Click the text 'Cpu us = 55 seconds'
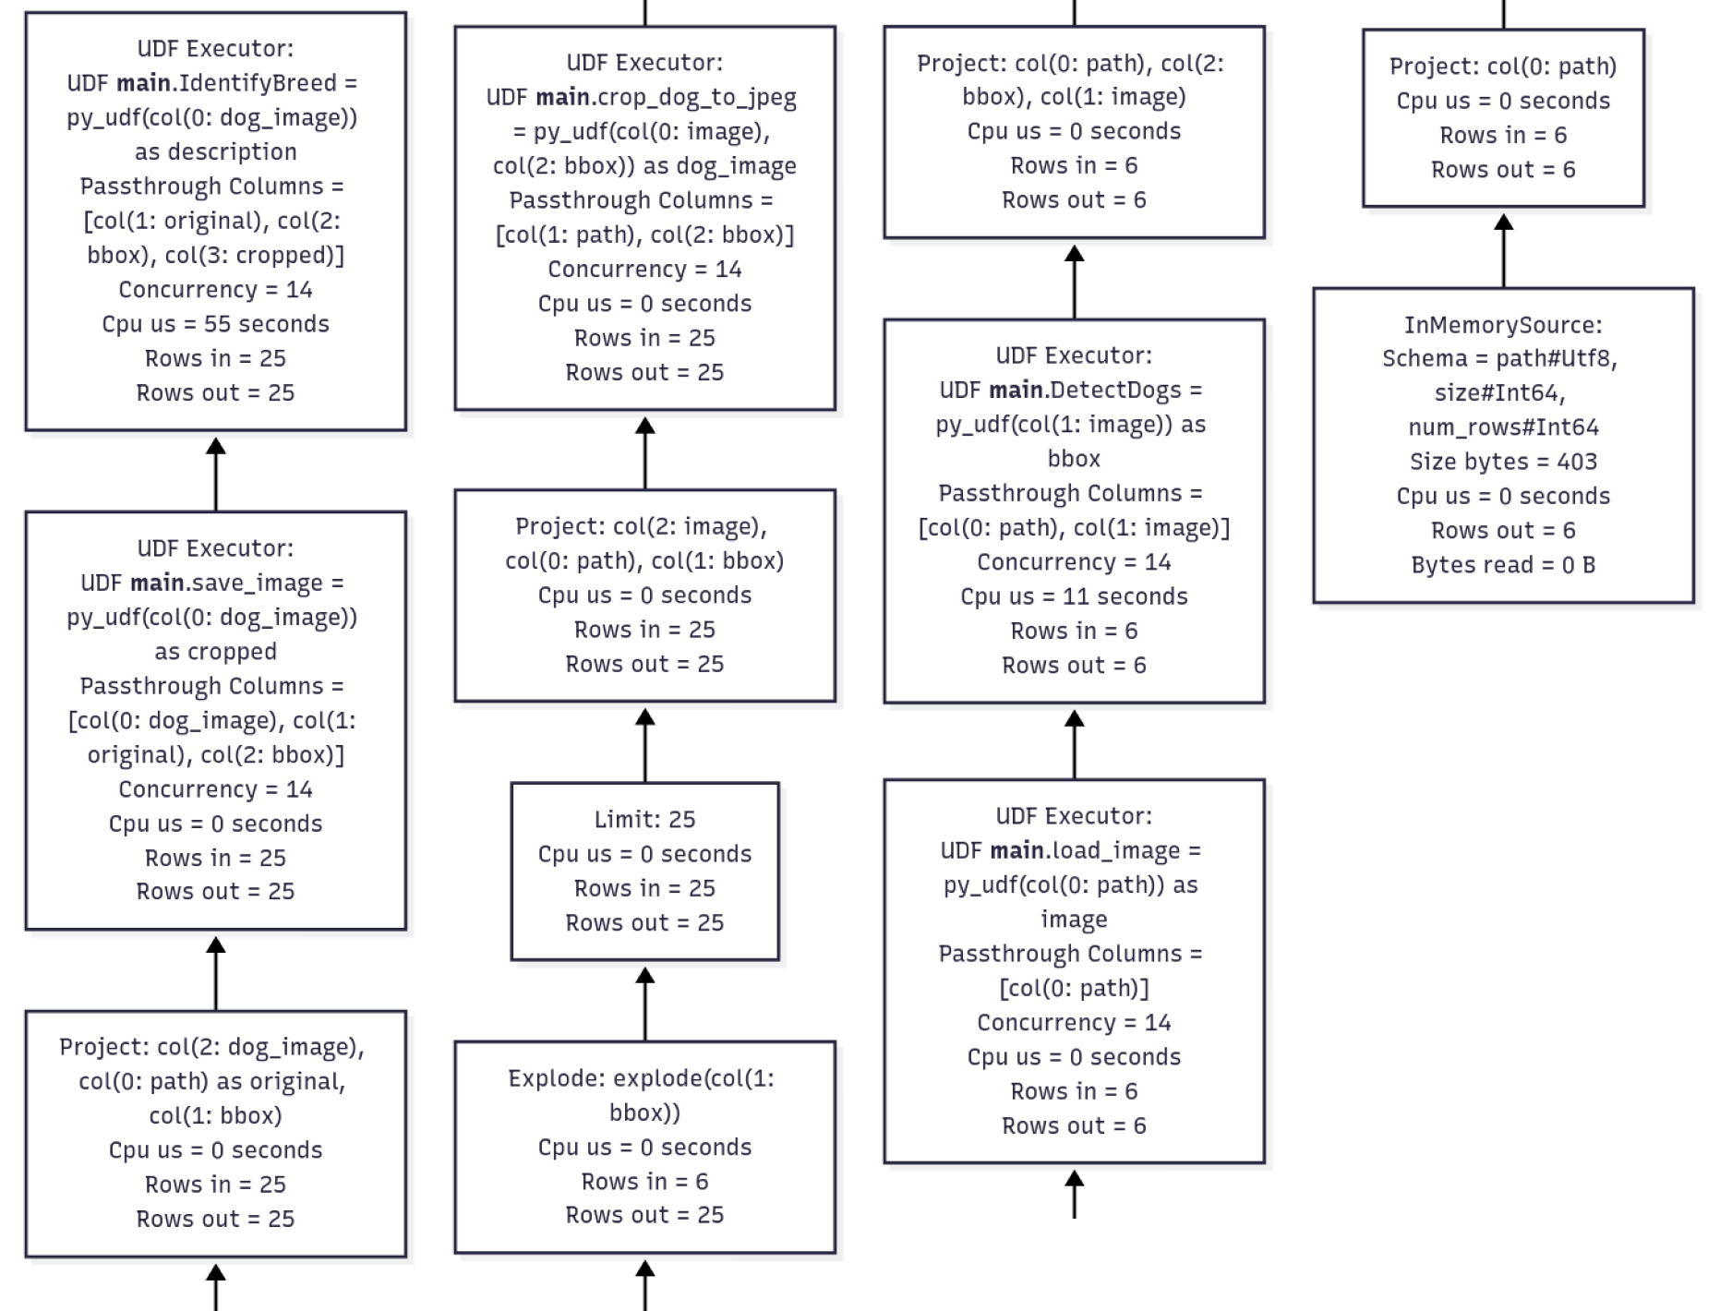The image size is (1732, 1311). tap(215, 324)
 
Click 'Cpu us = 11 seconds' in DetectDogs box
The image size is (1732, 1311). tap(1074, 596)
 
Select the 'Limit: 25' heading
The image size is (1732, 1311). tap(644, 820)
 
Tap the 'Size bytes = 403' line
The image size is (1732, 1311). tap(1503, 462)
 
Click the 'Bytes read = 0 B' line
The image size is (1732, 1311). tap(1503, 565)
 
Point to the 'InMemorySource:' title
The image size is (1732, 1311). tap(1503, 325)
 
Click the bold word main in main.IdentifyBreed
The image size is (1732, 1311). tap(143, 83)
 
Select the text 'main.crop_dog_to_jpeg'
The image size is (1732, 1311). tap(665, 97)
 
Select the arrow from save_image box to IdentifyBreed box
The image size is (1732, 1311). tap(216, 473)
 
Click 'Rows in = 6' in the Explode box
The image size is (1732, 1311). tap(644, 1182)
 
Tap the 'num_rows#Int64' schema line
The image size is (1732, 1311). tap(1503, 427)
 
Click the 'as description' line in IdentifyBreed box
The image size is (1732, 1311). tap(215, 152)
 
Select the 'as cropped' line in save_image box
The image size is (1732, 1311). tap(215, 652)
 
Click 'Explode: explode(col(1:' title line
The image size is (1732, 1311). tap(641, 1078)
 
